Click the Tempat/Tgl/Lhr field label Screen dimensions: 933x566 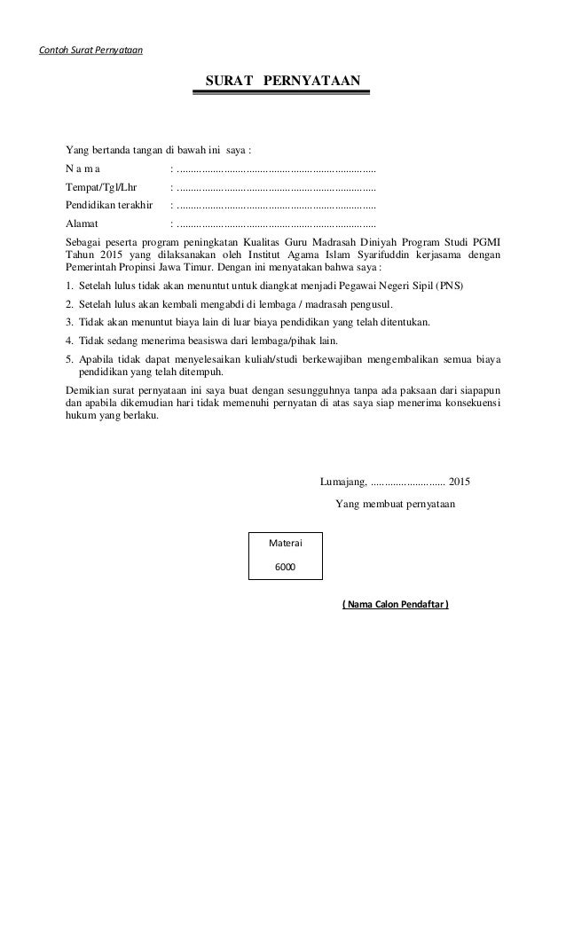click(101, 187)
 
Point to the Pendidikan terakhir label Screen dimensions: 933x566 click(109, 206)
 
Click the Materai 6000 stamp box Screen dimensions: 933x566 click(286, 556)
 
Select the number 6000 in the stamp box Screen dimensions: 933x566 click(286, 566)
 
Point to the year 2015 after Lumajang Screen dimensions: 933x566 click(460, 482)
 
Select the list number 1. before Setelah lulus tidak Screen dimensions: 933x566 click(70, 287)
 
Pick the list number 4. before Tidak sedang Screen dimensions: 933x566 click(70, 340)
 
